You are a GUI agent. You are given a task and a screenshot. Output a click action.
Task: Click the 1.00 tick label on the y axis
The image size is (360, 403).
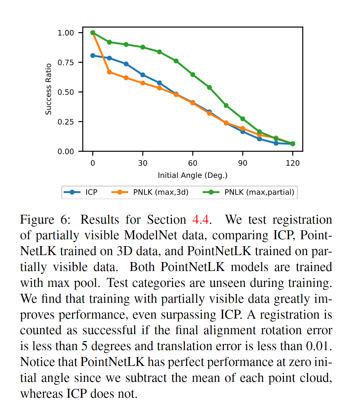point(65,33)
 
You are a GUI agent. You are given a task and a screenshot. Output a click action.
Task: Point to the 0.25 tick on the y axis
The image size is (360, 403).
point(65,122)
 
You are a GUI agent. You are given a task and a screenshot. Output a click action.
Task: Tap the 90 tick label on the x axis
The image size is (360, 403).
point(243,163)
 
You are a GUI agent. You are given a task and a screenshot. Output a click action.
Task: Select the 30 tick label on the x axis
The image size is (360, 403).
point(142,163)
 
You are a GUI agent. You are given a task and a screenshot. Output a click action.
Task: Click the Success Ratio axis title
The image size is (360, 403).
point(49,89)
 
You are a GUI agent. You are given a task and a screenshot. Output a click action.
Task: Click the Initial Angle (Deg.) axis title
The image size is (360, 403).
point(192,175)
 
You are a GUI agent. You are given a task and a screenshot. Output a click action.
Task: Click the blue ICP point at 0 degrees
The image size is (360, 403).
point(93,56)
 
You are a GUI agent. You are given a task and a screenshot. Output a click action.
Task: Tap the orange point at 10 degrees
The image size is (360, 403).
point(109,72)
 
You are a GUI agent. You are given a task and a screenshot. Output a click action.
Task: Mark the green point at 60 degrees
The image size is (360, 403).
point(193,75)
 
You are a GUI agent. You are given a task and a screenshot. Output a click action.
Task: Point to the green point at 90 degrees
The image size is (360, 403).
point(243,119)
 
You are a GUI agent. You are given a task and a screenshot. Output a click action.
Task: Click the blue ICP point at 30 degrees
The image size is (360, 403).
point(143,75)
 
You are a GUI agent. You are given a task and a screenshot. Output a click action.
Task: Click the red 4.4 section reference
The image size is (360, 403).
point(201,220)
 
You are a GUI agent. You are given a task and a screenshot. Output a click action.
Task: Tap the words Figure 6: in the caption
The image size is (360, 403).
point(45,220)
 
